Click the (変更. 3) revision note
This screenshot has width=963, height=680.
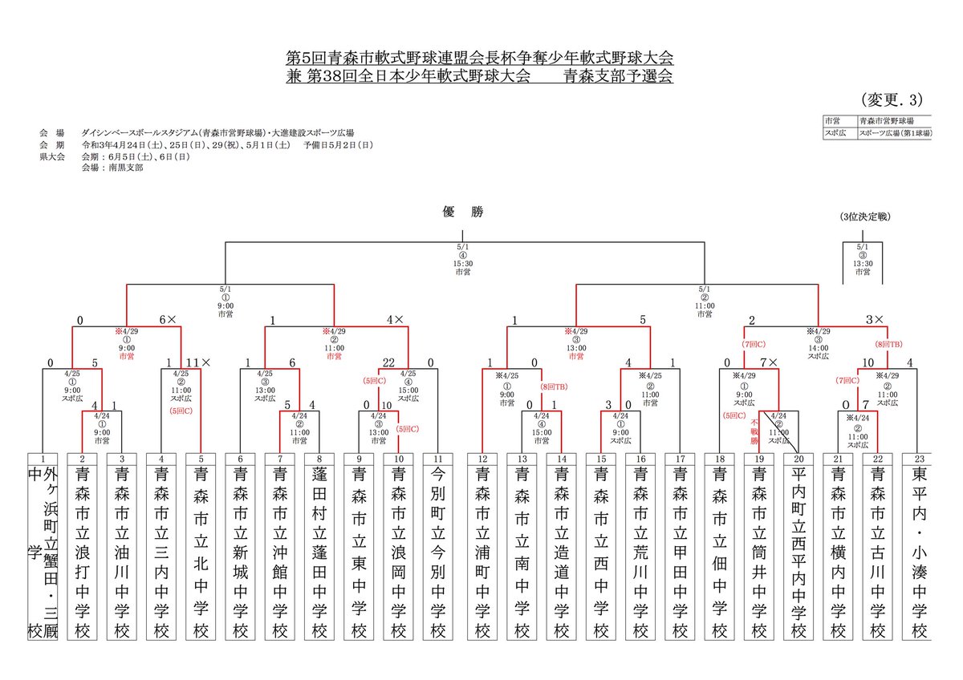coord(892,100)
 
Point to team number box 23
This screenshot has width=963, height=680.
coord(918,458)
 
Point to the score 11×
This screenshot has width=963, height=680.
coord(198,362)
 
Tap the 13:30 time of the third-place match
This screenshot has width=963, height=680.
coord(862,265)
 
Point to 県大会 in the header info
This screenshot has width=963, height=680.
coord(51,158)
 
